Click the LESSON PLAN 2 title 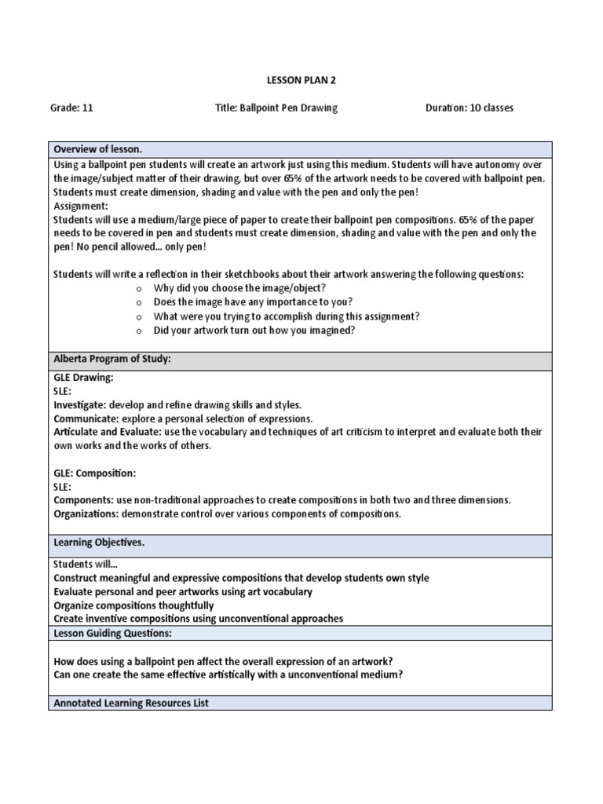[x=301, y=80]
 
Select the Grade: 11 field [x=71, y=108]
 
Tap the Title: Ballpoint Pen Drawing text [x=276, y=108]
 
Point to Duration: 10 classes [x=469, y=108]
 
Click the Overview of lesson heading [x=97, y=149]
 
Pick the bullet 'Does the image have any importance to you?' [x=253, y=302]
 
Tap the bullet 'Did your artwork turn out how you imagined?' [x=254, y=331]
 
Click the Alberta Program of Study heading [x=111, y=359]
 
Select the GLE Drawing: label [x=83, y=378]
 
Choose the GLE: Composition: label [x=94, y=473]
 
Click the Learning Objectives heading [x=98, y=543]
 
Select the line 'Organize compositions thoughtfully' [x=133, y=605]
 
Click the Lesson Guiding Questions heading [x=112, y=633]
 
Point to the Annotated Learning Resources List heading [x=130, y=703]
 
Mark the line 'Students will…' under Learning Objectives [x=84, y=564]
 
